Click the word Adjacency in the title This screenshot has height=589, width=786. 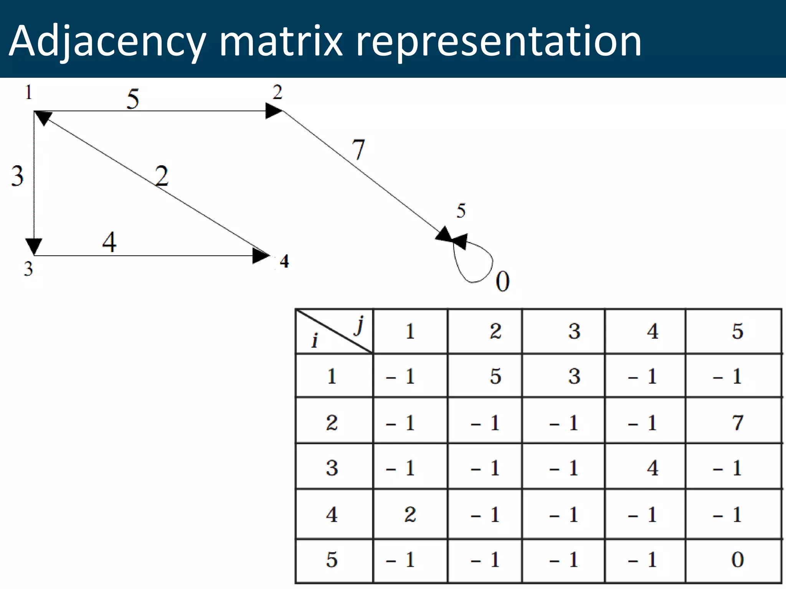(107, 41)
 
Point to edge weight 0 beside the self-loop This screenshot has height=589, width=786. (502, 281)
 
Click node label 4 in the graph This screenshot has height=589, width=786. (284, 261)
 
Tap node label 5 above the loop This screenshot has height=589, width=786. (461, 211)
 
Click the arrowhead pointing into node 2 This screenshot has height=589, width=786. (274, 111)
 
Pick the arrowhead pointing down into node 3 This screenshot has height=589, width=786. (34, 246)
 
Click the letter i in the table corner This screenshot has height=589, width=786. (315, 341)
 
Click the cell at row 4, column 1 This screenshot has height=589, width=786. (410, 514)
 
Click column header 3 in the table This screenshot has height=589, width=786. (574, 331)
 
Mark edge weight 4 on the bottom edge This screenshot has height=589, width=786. (109, 242)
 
